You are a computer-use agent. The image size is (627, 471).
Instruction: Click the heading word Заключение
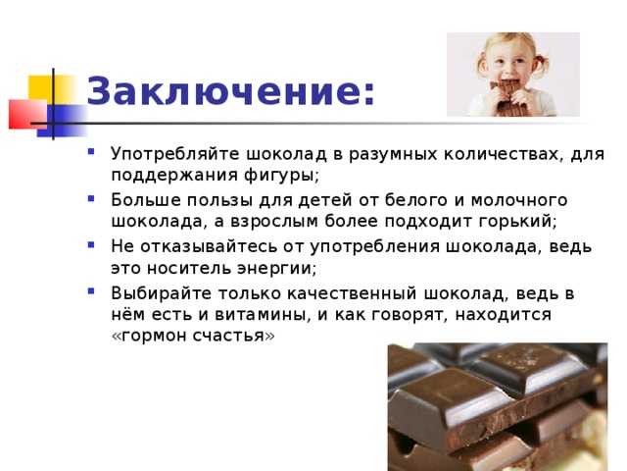(x=226, y=91)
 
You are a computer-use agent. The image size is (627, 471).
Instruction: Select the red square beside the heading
(x=28, y=114)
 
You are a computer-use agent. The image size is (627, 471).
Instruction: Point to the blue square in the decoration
(x=64, y=120)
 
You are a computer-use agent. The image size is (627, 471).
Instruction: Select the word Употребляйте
(x=175, y=154)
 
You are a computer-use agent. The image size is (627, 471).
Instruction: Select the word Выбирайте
(x=161, y=293)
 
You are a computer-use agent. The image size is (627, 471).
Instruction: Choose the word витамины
(x=260, y=315)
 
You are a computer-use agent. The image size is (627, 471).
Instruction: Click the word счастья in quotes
(x=229, y=336)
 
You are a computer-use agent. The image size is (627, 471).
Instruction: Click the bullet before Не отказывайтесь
(x=91, y=244)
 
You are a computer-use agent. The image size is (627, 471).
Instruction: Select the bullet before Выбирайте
(x=91, y=291)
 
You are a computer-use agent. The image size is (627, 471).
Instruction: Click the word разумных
(x=393, y=155)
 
